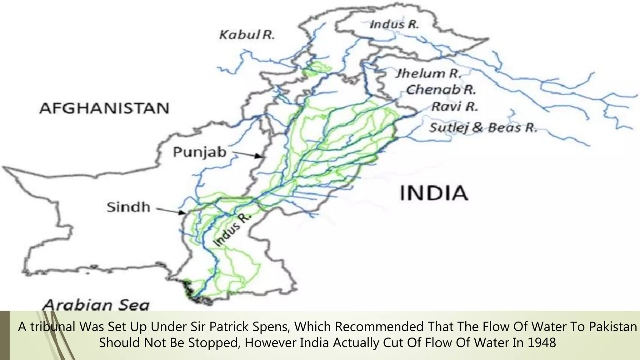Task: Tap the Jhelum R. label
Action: click(428, 73)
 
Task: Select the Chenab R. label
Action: click(441, 90)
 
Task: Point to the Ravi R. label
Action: click(455, 107)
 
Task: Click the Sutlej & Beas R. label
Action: click(483, 128)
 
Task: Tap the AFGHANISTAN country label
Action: click(104, 108)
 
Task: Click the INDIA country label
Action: click(434, 193)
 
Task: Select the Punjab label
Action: click(200, 152)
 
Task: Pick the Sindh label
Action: click(128, 207)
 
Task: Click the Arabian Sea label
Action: click(96, 305)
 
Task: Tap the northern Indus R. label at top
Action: click(394, 24)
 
